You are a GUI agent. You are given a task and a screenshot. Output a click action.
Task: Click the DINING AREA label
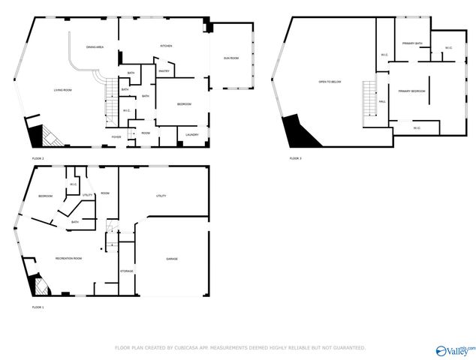[x=95, y=46]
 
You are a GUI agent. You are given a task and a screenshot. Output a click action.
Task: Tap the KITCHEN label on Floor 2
[x=166, y=46]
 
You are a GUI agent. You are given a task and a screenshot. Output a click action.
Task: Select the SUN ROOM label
[x=230, y=58]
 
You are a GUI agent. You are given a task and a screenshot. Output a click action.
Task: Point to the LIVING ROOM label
[x=62, y=90]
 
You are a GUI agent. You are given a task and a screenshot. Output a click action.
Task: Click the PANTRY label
[x=164, y=72]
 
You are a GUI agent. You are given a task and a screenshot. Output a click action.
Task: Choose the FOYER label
[x=116, y=137]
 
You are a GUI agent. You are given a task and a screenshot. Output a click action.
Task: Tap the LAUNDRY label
[x=191, y=135]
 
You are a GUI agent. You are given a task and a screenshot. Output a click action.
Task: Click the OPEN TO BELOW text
[x=330, y=81]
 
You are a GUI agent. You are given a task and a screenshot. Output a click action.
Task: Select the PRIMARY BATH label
[x=412, y=43]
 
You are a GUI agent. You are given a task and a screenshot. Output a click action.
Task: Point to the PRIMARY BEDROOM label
[x=412, y=91]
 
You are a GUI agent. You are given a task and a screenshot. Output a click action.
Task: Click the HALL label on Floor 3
[x=382, y=101]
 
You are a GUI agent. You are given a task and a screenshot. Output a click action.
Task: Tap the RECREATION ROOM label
[x=68, y=258]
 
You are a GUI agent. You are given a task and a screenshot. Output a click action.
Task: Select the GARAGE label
[x=172, y=259]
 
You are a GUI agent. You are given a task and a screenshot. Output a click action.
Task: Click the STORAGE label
[x=127, y=271]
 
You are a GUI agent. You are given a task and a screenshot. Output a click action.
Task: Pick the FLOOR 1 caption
[x=38, y=307]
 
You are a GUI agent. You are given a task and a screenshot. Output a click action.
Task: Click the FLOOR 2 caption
[x=38, y=159]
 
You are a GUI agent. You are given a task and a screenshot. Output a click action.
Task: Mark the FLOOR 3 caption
[x=296, y=158]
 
